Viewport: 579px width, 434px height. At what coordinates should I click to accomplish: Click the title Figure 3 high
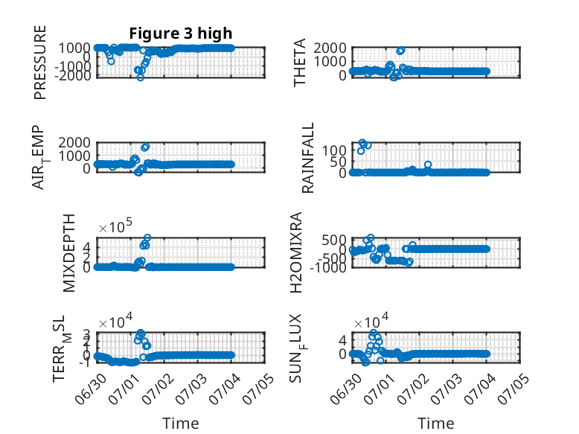click(x=181, y=33)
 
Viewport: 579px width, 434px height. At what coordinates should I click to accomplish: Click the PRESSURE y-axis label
click(x=40, y=63)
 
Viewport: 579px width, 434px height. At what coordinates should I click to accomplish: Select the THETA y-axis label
click(x=300, y=63)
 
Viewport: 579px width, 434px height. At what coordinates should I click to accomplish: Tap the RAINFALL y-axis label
click(x=307, y=158)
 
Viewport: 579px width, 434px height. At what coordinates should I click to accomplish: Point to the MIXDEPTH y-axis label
click(x=69, y=253)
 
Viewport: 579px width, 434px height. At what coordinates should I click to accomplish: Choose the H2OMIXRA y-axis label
click(x=296, y=252)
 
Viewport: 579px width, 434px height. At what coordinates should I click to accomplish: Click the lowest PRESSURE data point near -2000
click(x=141, y=77)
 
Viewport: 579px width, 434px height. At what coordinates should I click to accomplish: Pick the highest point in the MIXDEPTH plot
click(x=147, y=237)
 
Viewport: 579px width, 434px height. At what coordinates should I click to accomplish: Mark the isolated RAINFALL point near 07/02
click(x=428, y=165)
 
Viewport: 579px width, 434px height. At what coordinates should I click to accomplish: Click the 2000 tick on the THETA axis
click(x=330, y=48)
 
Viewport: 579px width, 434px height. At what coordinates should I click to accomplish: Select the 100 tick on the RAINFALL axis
click(x=334, y=150)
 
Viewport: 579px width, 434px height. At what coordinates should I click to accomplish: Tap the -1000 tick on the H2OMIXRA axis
click(x=328, y=267)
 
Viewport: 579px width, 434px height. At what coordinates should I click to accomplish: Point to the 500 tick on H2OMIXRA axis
click(x=334, y=240)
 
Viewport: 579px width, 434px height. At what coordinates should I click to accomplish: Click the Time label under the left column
click(x=181, y=424)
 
